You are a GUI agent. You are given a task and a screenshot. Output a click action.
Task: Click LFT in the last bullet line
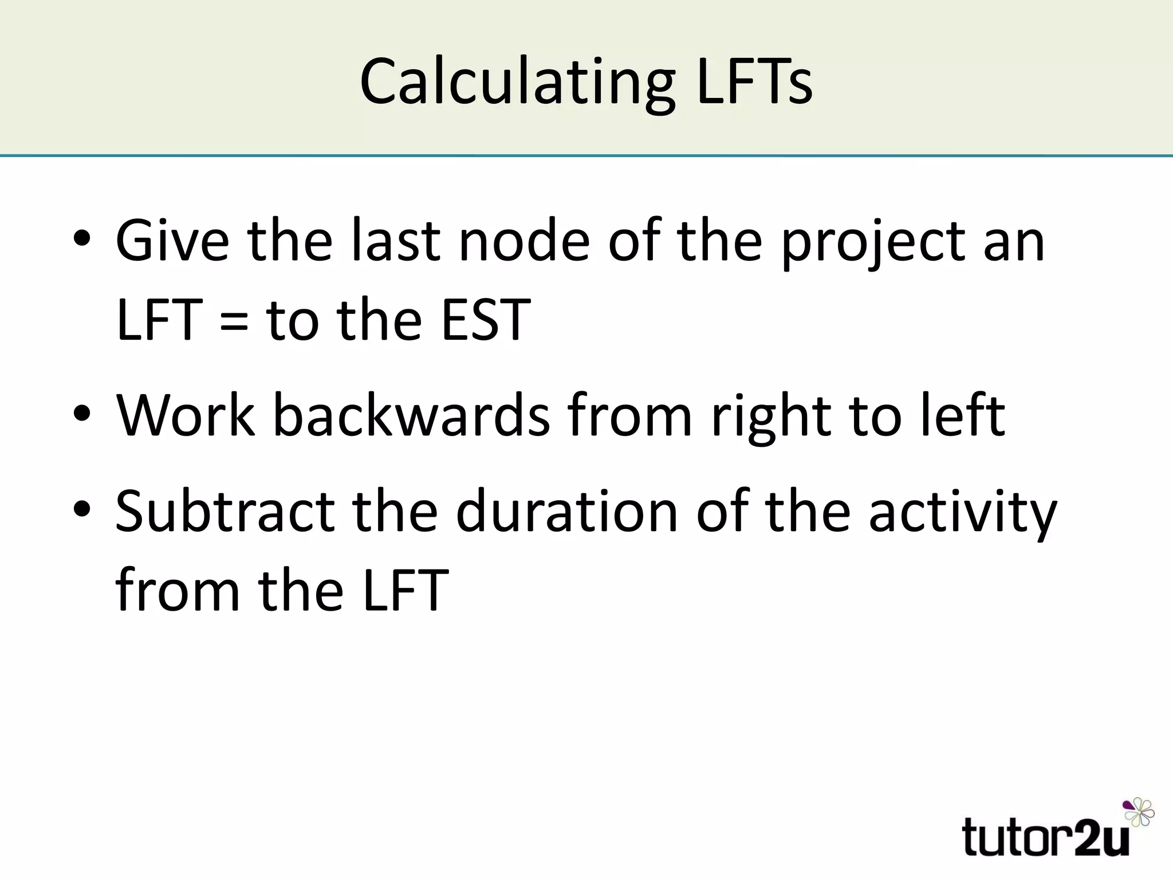(406, 590)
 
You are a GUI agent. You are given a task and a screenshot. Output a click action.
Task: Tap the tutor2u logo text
(1046, 837)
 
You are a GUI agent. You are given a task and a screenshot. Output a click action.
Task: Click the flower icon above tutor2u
(1139, 812)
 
